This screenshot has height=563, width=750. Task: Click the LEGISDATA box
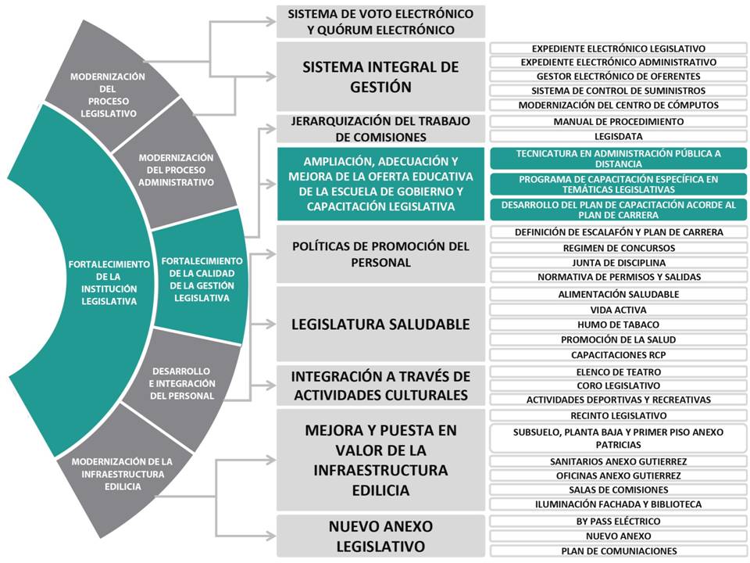tap(619, 136)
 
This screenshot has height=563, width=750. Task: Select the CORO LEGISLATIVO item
tap(619, 385)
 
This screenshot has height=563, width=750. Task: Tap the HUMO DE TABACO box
tap(619, 325)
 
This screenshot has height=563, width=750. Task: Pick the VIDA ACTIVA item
tap(619, 310)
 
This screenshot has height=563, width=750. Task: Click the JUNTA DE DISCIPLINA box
tap(619, 263)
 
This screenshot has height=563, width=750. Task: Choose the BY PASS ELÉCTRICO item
tap(619, 522)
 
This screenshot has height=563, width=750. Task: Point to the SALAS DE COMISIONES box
tap(619, 489)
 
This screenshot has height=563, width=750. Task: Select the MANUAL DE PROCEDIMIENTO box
tap(619, 122)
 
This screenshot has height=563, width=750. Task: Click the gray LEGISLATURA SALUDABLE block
tap(380, 324)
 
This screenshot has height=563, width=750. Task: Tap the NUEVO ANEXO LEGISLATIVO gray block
tap(380, 536)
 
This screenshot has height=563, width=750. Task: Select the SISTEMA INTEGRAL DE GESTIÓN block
tap(380, 77)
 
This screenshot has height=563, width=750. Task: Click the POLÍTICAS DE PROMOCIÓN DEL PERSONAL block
tap(380, 254)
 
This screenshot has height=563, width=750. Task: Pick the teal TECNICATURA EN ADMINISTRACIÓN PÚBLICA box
tap(619, 159)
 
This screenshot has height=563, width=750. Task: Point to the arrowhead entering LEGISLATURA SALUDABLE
tap(271, 324)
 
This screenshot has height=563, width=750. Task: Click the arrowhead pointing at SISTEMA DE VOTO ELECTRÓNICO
tap(271, 22)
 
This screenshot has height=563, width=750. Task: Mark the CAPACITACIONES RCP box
tap(619, 355)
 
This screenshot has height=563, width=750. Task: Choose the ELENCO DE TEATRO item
tap(619, 372)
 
